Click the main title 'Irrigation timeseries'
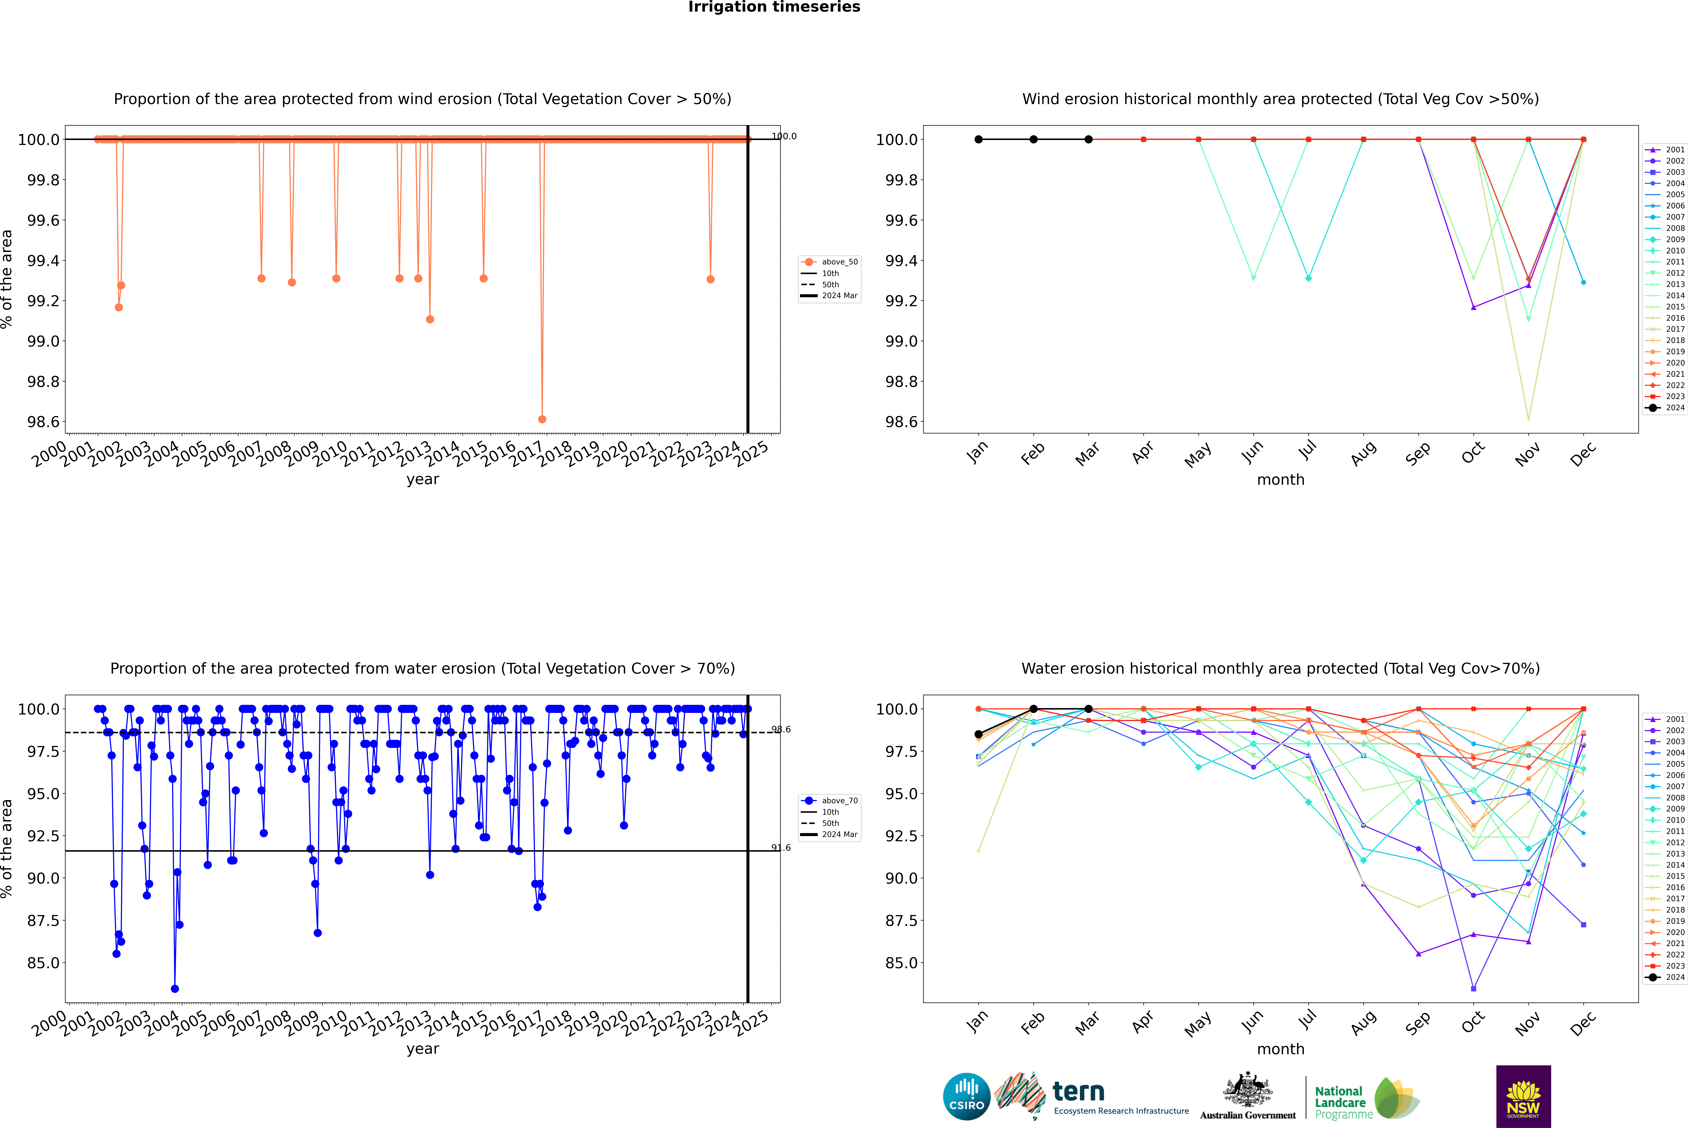click(x=774, y=7)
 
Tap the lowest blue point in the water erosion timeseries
click(x=175, y=988)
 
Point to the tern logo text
click(x=1078, y=1092)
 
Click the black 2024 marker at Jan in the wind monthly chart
click(x=979, y=140)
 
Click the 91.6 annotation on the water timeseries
click(x=781, y=848)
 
